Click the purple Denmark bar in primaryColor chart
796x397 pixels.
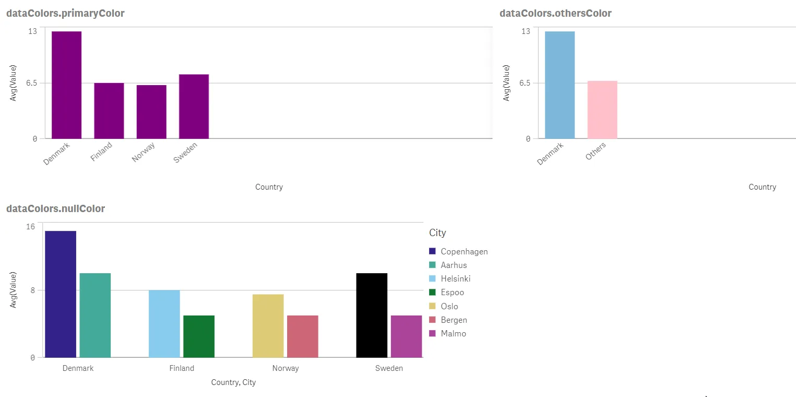66,85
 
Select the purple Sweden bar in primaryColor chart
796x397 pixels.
194,106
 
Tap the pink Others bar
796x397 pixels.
602,110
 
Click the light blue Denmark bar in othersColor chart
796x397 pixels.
560,85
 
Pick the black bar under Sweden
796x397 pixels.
372,315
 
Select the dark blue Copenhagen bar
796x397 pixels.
61,294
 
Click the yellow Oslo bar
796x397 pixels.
268,325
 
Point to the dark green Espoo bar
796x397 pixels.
199,336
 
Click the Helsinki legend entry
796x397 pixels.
455,279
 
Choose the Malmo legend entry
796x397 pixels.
453,334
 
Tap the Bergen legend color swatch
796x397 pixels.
432,320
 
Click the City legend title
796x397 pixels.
437,232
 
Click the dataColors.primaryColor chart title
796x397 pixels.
65,14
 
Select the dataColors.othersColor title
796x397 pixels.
555,14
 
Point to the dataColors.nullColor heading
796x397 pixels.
55,209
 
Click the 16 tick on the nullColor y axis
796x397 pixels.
31,226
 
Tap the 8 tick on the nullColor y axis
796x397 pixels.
32,290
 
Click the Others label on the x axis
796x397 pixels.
596,151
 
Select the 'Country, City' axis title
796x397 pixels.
233,382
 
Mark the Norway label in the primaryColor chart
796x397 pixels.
144,153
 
